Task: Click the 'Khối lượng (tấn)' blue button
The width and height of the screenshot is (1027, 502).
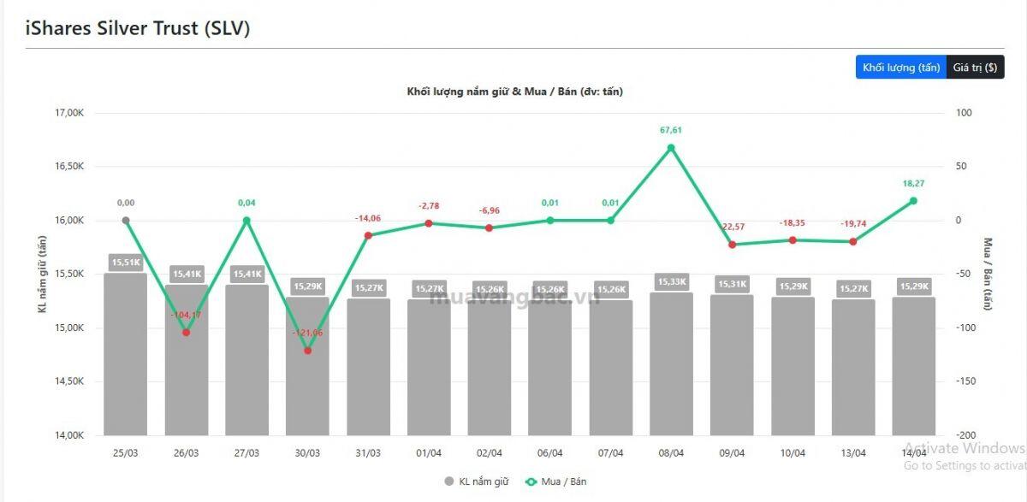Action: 901,67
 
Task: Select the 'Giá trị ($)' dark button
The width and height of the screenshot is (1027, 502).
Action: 975,67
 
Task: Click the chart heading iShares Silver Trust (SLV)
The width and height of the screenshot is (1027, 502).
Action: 138,27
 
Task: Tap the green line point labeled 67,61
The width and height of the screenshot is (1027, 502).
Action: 671,148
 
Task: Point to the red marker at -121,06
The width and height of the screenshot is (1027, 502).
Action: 307,351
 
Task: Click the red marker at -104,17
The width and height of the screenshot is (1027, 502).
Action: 187,332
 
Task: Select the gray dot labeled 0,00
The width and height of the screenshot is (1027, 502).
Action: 126,221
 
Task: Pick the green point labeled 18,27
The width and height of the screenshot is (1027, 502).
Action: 913,201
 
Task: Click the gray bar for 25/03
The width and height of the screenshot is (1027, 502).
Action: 126,359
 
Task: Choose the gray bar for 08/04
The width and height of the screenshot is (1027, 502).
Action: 671,368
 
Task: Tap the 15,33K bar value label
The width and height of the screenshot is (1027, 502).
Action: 671,281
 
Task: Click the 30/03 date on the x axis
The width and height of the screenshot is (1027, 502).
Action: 307,453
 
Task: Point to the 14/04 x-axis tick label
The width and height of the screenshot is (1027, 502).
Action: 913,453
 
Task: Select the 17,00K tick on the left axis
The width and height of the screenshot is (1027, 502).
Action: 68,113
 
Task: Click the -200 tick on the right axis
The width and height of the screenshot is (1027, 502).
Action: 965,435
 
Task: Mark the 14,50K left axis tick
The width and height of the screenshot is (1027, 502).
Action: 68,381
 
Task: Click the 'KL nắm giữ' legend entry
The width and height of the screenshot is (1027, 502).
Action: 477,481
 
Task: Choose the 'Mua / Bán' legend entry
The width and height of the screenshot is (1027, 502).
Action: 557,481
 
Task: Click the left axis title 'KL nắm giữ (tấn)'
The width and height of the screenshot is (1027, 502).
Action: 41,274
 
